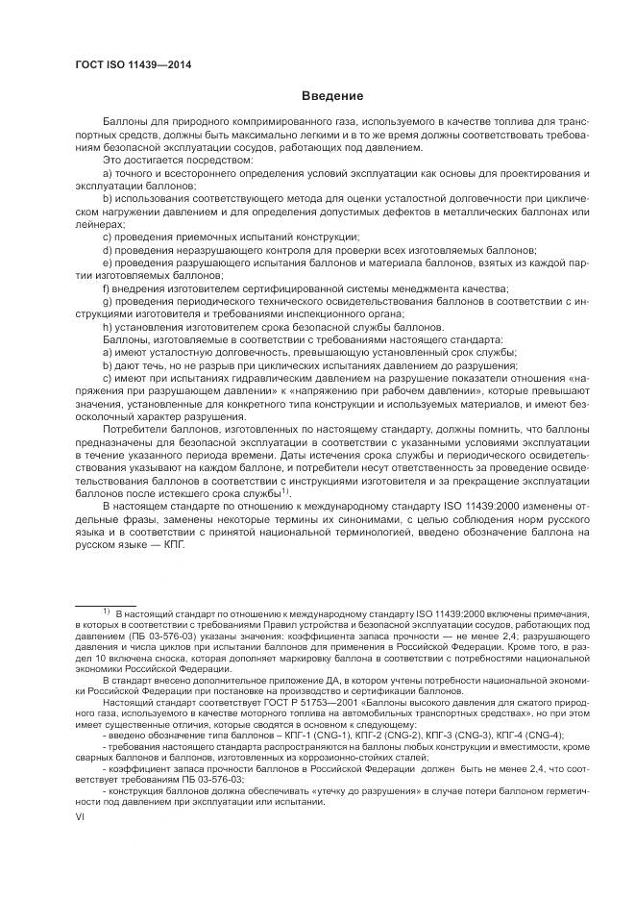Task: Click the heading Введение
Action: pos(331,97)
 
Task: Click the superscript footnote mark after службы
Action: pos(285,490)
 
